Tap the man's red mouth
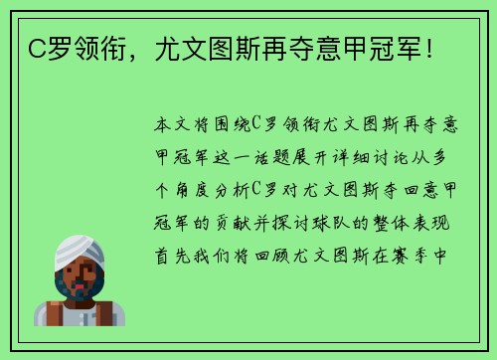click(82, 293)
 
